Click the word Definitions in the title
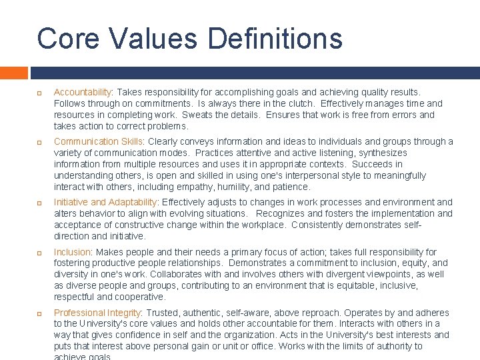pyautogui.click(x=275, y=38)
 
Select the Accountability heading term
pyautogui.click(x=83, y=92)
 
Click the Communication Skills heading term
pyautogui.click(x=99, y=141)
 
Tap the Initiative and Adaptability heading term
pyautogui.click(x=105, y=202)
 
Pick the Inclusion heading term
pyautogui.click(x=72, y=252)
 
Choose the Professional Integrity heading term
pyautogui.click(x=97, y=313)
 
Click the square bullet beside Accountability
pyautogui.click(x=40, y=93)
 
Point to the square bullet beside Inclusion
pyautogui.click(x=40, y=253)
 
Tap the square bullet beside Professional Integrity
pyautogui.click(x=40, y=313)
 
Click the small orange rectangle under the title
pyautogui.click(x=13, y=73)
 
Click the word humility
pyautogui.click(x=237, y=187)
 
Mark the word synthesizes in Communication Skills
pyautogui.click(x=377, y=153)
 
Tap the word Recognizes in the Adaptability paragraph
pyautogui.click(x=279, y=213)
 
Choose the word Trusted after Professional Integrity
pyautogui.click(x=163, y=313)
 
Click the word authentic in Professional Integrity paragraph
pyautogui.click(x=203, y=313)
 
